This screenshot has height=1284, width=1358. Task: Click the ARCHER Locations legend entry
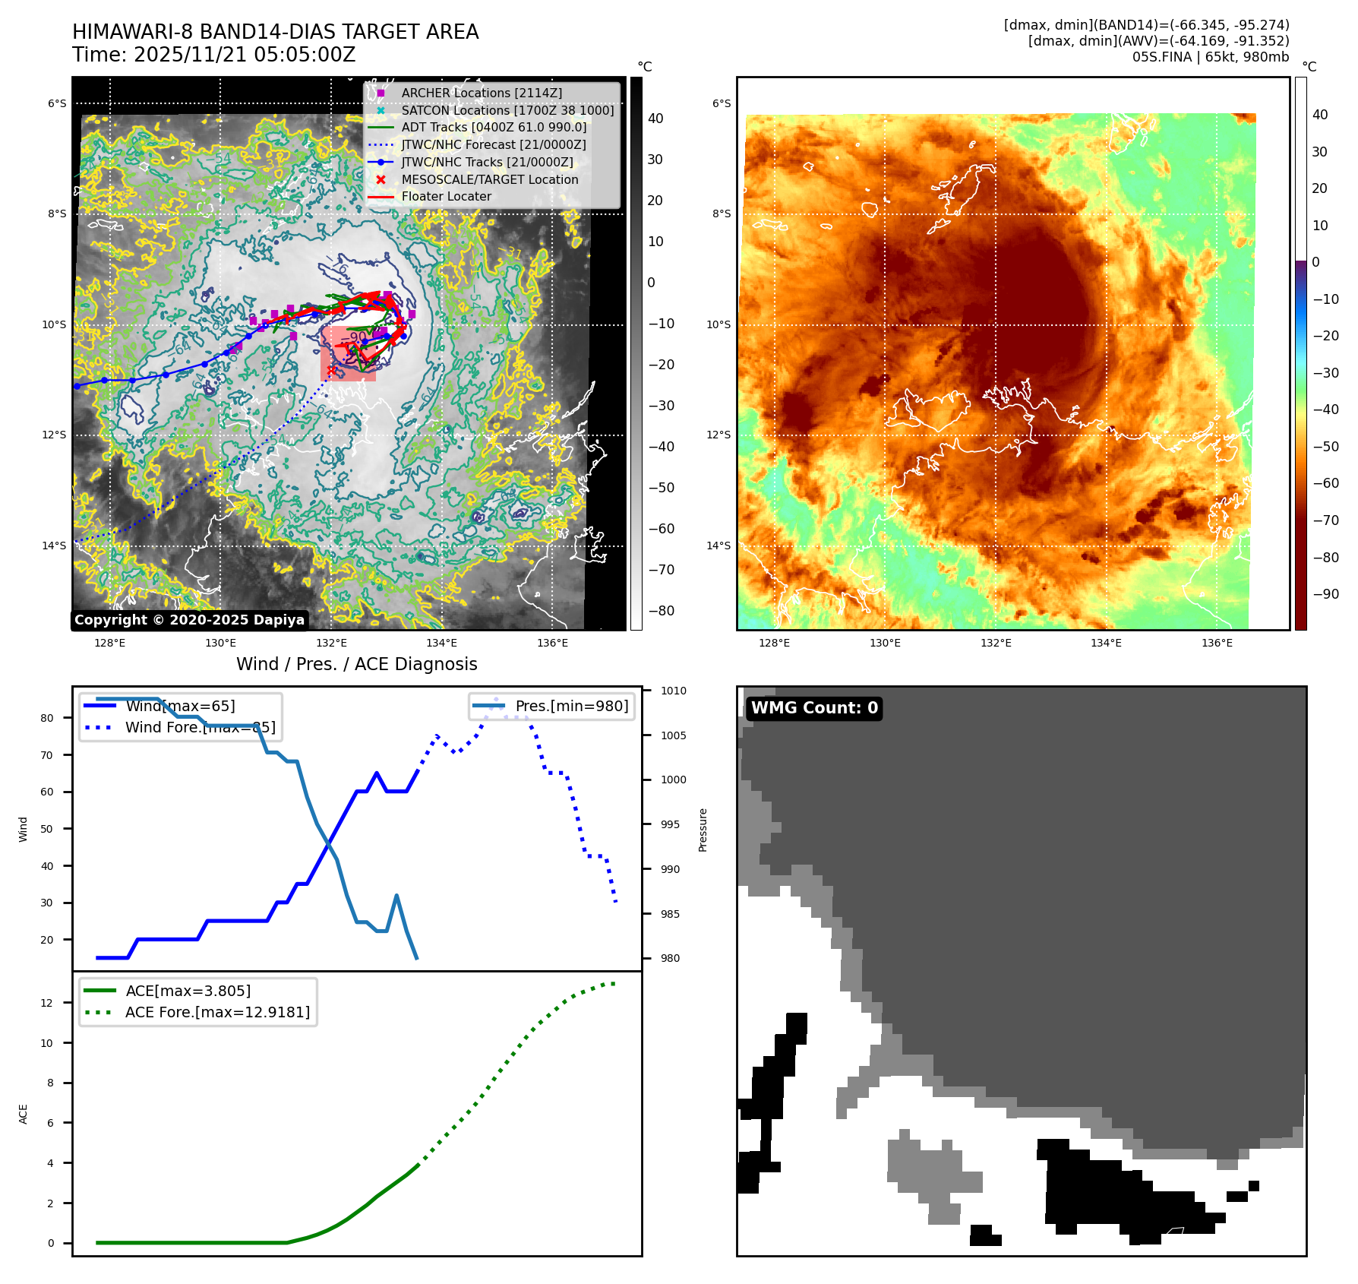pos(482,93)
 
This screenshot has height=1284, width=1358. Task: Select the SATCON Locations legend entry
pos(507,110)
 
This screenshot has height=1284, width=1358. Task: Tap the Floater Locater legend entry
pos(446,196)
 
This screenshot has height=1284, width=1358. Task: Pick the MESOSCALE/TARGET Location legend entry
pos(489,179)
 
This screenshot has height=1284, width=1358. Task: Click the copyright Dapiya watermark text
pos(189,620)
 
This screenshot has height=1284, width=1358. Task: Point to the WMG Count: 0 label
pos(814,708)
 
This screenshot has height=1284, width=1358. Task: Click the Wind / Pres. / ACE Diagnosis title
pos(356,664)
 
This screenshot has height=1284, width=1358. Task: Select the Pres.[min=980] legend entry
pos(571,706)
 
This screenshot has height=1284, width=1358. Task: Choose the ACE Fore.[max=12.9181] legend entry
pos(217,1012)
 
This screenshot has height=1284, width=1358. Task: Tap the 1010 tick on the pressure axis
pos(673,691)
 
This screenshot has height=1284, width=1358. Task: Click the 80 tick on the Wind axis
pos(47,718)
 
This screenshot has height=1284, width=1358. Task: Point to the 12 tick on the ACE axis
pos(47,1003)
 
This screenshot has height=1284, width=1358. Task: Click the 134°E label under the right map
pos(1106,643)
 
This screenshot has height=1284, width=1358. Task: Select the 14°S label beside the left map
pos(54,546)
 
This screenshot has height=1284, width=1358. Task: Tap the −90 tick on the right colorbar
pos(1326,594)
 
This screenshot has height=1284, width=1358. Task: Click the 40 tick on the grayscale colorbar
pos(655,119)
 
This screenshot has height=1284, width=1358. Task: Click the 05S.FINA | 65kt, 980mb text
pos(1210,57)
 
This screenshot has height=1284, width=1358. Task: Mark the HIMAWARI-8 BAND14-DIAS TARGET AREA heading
pos(275,32)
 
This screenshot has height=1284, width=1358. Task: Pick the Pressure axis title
pos(703,830)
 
